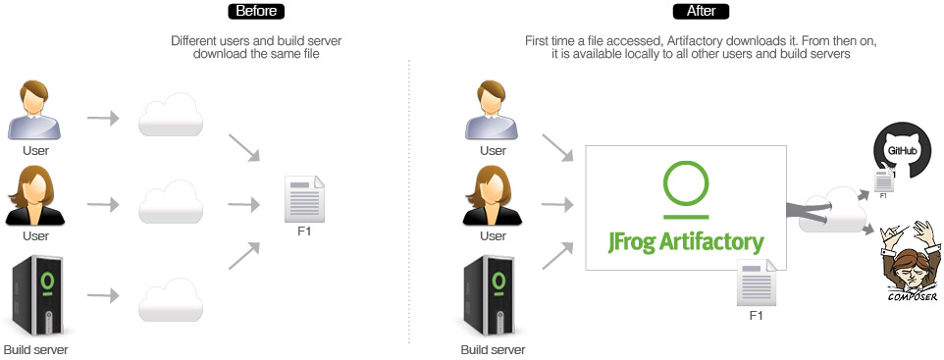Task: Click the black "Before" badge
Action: pyautogui.click(x=256, y=12)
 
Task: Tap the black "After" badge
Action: pyautogui.click(x=701, y=12)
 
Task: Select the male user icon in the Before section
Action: pyautogui.click(x=36, y=111)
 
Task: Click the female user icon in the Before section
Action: pyautogui.click(x=36, y=196)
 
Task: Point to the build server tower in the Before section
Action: pyautogui.click(x=35, y=294)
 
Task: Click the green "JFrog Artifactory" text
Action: pyautogui.click(x=686, y=239)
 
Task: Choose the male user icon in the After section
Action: pyautogui.click(x=494, y=111)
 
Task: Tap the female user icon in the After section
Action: pyautogui.click(x=494, y=196)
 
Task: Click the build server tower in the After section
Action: pyautogui.click(x=494, y=294)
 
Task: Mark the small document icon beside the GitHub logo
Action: pyautogui.click(x=883, y=180)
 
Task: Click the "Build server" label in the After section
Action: pyautogui.click(x=494, y=349)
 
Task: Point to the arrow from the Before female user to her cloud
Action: pyautogui.click(x=102, y=205)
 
